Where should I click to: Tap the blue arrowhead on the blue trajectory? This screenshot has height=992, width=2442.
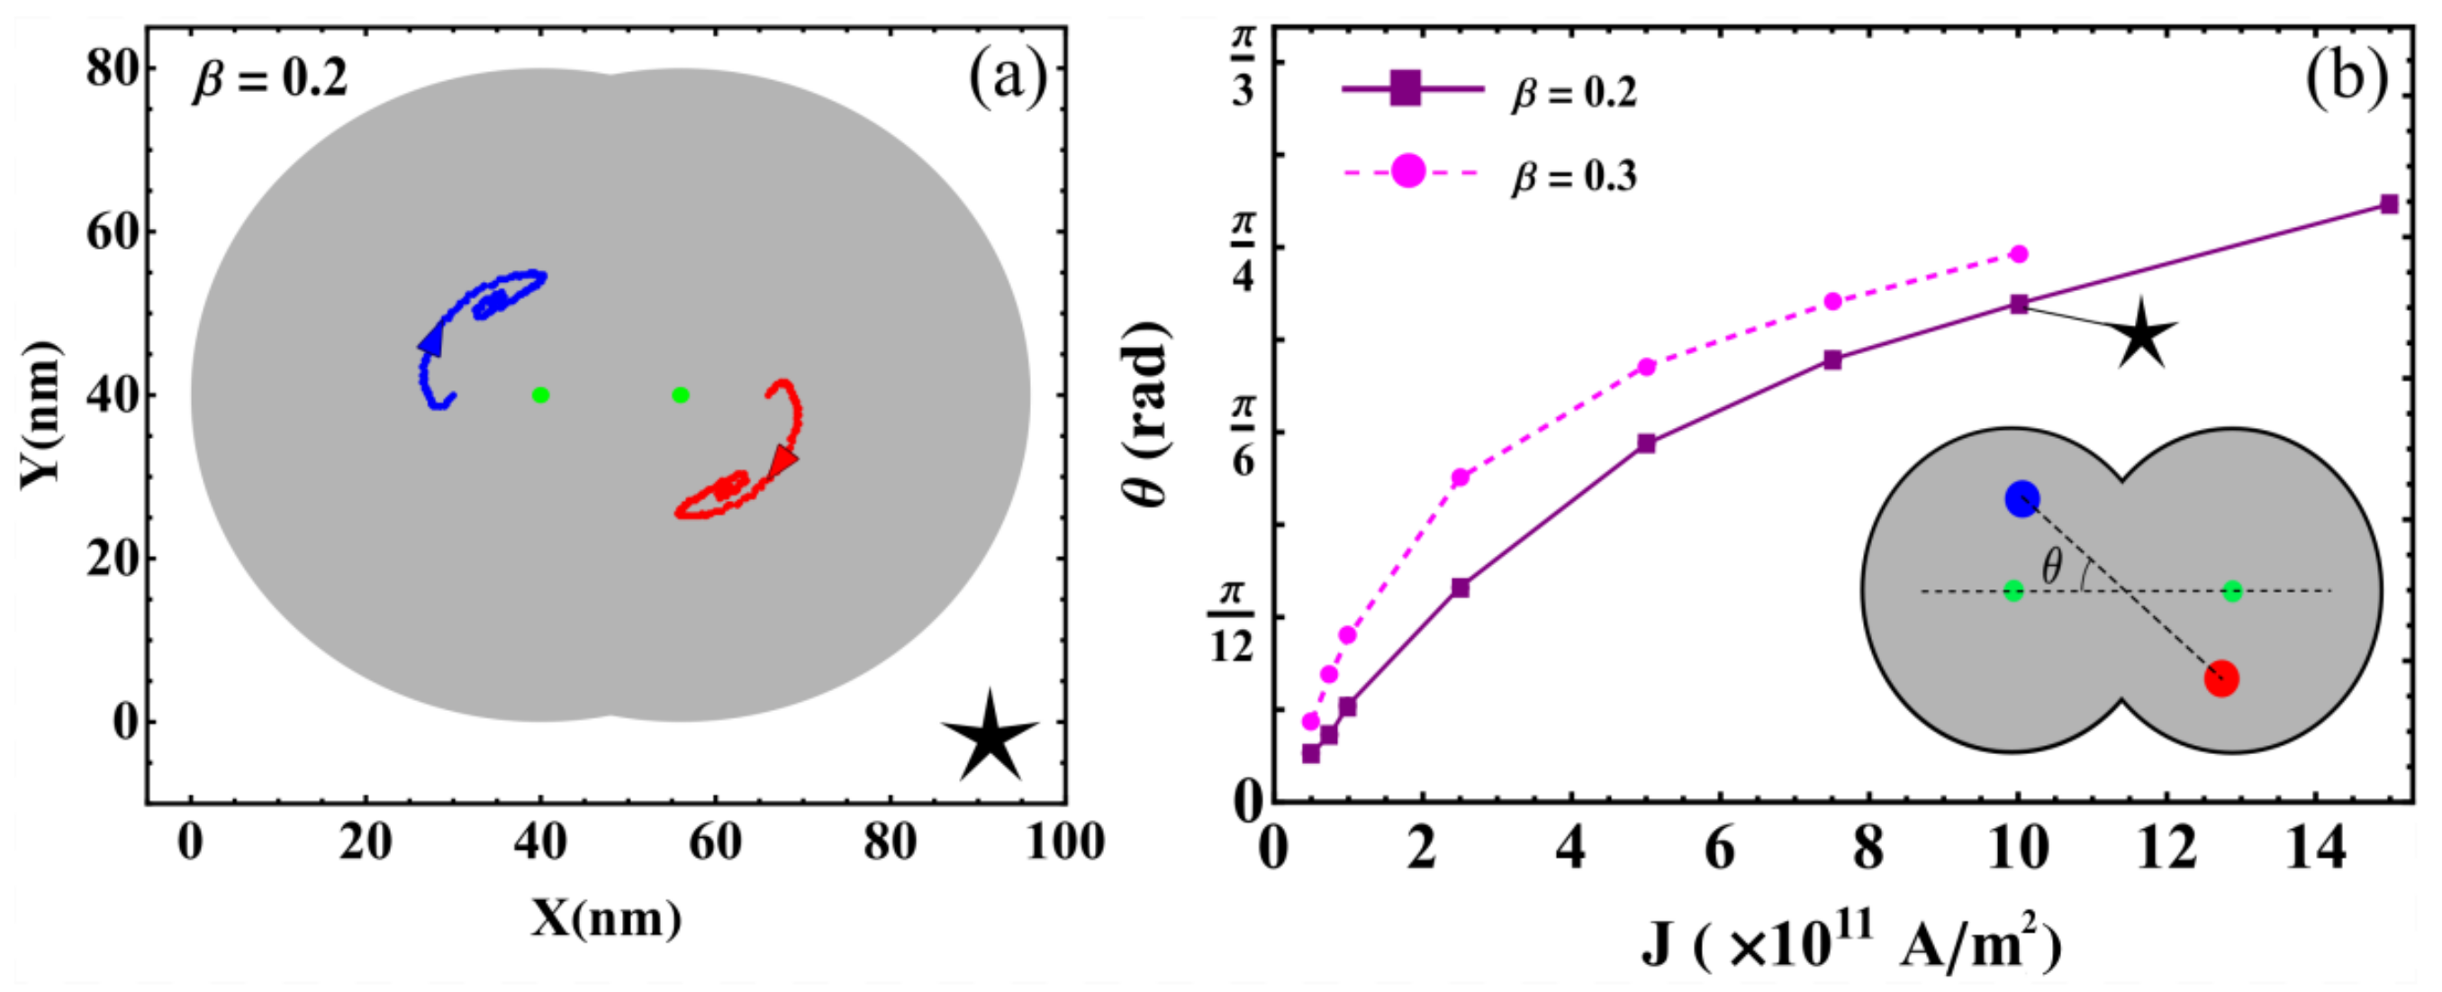431,341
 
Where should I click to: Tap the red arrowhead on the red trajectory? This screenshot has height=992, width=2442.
782,460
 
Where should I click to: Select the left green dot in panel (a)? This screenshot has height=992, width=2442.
540,395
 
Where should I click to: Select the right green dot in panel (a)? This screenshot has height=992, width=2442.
680,395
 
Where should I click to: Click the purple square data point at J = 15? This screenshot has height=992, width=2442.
2389,204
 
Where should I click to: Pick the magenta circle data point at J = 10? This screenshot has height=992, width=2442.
2018,254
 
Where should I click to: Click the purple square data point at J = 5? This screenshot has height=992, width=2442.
1647,443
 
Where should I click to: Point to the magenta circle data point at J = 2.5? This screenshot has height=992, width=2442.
1460,477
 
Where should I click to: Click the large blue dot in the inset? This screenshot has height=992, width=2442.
2022,500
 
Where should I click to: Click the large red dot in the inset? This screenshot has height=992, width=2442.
2221,679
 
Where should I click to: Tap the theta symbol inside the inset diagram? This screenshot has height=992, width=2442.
2051,567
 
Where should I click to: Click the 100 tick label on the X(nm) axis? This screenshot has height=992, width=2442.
1064,842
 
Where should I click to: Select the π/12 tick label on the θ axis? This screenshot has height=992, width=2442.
1231,620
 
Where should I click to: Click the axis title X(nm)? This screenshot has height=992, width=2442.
605,918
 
